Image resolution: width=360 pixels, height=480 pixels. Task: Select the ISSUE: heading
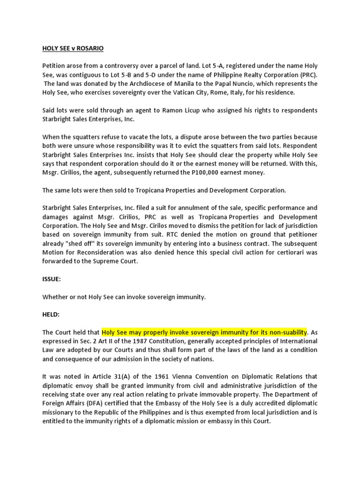52,279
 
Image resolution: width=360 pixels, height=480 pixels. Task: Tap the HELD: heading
51,314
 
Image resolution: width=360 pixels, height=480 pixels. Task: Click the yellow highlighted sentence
204,332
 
